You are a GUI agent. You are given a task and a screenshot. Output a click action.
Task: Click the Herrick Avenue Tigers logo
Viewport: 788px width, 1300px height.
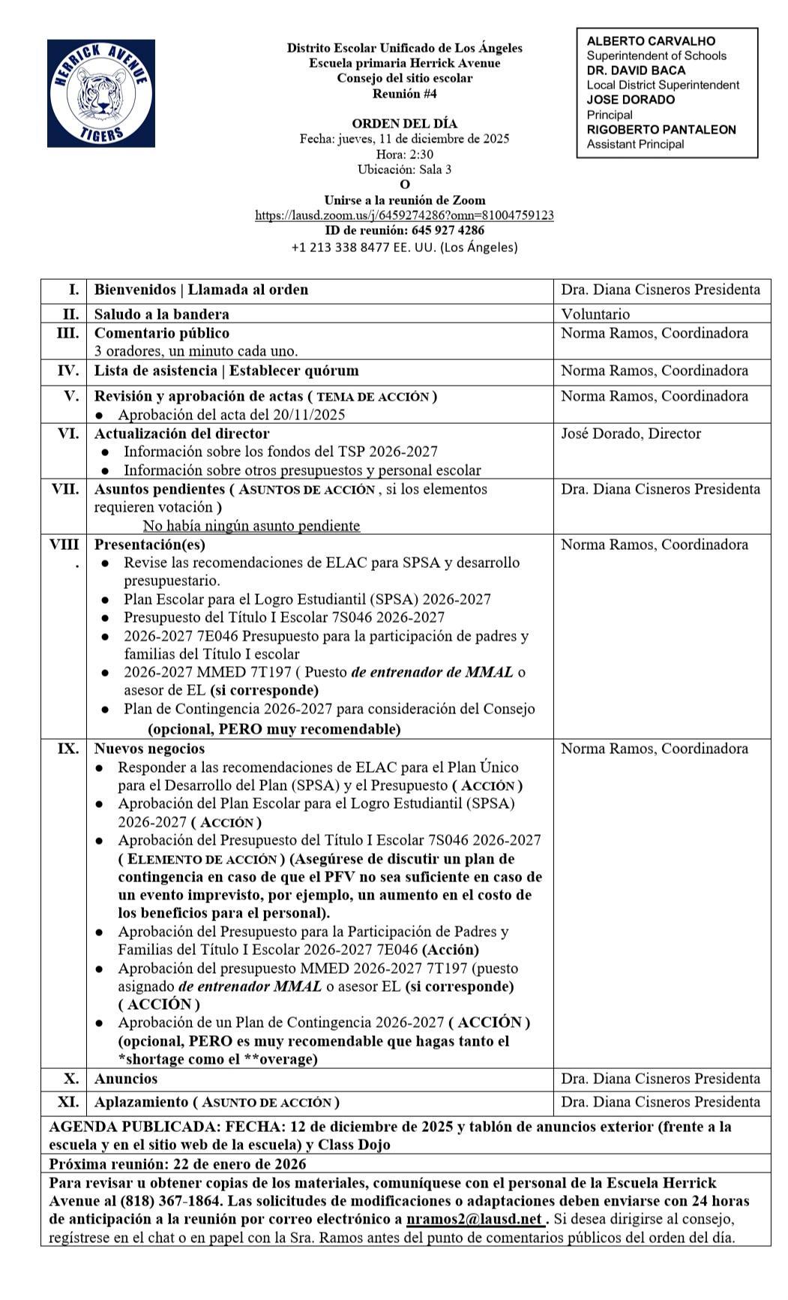(101, 93)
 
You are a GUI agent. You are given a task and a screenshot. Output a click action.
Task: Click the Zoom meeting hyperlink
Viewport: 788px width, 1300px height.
(404, 215)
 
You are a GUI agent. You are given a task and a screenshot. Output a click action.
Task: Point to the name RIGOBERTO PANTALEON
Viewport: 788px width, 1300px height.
(661, 129)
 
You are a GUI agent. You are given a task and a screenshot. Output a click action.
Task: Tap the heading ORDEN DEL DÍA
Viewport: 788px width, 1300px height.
(404, 123)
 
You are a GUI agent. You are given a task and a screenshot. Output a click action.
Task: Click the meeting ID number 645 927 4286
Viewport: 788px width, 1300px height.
(448, 230)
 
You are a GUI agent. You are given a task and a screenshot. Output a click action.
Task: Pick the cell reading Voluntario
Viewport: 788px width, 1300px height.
(595, 314)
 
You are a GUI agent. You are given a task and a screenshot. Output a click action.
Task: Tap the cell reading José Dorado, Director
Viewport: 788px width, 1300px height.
(631, 434)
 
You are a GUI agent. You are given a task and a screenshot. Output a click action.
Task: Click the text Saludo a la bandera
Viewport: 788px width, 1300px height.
(161, 314)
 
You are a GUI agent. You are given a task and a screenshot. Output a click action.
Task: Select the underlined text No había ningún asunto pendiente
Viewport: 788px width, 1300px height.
(251, 525)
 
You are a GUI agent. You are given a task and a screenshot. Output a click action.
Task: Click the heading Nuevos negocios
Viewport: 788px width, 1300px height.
(148, 749)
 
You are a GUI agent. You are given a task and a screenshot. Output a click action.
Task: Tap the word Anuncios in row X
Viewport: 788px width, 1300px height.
(125, 1079)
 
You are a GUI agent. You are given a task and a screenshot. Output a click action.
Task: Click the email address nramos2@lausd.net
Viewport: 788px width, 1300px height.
(474, 1219)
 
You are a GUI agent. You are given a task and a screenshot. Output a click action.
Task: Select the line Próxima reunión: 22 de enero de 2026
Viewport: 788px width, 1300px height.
(177, 1163)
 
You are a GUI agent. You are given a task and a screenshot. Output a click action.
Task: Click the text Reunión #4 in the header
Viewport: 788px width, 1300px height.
(404, 94)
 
